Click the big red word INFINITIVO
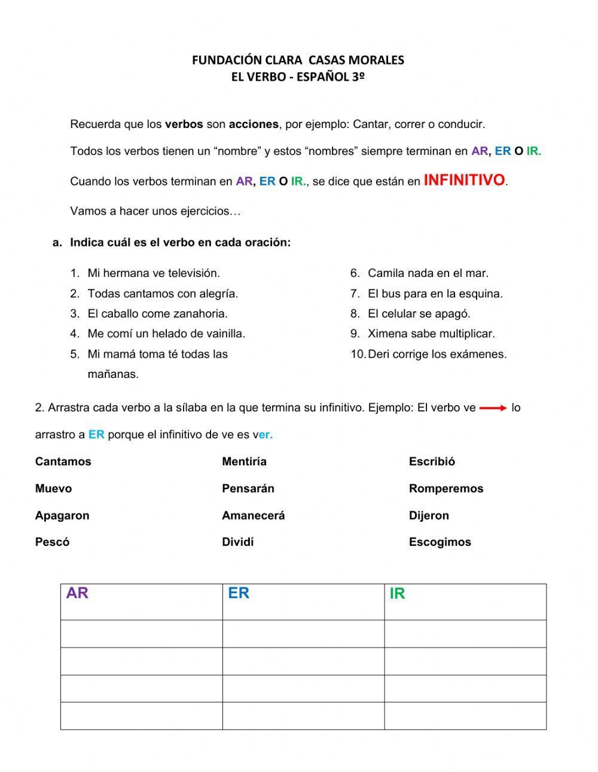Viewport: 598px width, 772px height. [465, 180]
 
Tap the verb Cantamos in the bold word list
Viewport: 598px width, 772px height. [63, 462]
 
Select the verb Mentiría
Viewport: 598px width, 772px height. [244, 462]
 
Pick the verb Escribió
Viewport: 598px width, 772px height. [432, 462]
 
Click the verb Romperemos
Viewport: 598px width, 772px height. [446, 489]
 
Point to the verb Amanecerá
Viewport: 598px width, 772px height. [253, 515]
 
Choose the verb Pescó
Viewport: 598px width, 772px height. [52, 542]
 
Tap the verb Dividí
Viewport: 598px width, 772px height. [237, 542]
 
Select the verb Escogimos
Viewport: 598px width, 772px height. [440, 542]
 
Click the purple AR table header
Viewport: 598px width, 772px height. [77, 593]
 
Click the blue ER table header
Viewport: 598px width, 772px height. [238, 593]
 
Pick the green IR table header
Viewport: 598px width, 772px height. [397, 594]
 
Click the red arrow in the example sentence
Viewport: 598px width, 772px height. [493, 408]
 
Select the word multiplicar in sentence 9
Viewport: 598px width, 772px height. [464, 334]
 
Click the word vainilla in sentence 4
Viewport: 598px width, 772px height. [222, 334]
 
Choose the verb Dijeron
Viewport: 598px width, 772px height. [429, 515]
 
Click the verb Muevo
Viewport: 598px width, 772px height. [53, 489]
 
